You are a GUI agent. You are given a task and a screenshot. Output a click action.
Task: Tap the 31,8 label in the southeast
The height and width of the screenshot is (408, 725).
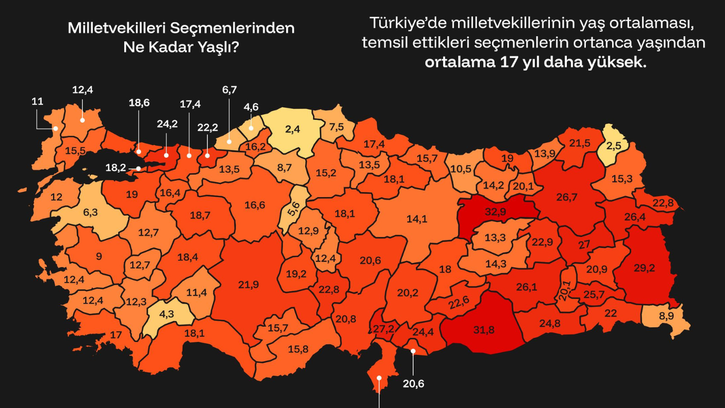pyautogui.click(x=484, y=330)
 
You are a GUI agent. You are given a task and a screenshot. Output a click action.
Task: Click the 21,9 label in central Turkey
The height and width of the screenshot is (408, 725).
pyautogui.click(x=248, y=285)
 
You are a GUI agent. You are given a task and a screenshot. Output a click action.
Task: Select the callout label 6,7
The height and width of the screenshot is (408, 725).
pyautogui.click(x=229, y=90)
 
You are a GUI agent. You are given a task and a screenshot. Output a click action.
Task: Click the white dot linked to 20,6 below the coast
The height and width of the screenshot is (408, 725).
pyautogui.click(x=413, y=351)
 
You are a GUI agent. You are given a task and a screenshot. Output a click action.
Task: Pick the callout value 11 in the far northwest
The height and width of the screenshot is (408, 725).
pyautogui.click(x=37, y=101)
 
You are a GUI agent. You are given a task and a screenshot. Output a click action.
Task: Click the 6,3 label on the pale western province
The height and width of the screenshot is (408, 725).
pyautogui.click(x=91, y=212)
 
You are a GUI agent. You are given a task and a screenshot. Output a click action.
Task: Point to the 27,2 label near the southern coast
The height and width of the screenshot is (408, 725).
pyautogui.click(x=383, y=328)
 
